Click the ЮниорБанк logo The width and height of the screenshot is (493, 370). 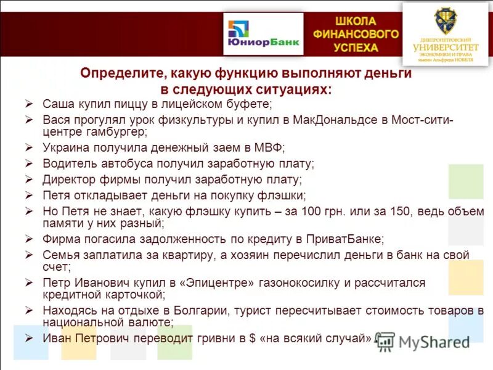point(263,35)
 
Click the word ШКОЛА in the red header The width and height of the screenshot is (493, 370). point(356,22)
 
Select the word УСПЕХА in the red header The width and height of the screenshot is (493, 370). point(356,47)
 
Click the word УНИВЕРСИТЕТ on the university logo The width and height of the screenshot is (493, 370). point(445,47)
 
